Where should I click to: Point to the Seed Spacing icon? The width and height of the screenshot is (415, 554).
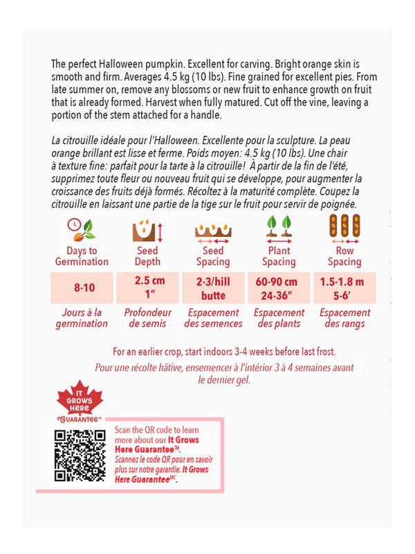pos(213,230)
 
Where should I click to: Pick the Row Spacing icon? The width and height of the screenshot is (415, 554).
pos(344,229)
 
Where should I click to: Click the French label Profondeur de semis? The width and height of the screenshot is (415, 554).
pos(147,318)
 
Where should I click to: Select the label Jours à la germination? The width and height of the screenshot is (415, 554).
pos(82,318)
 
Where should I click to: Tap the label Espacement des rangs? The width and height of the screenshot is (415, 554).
pos(344,318)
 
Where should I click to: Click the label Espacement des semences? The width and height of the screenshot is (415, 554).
pos(213,318)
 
